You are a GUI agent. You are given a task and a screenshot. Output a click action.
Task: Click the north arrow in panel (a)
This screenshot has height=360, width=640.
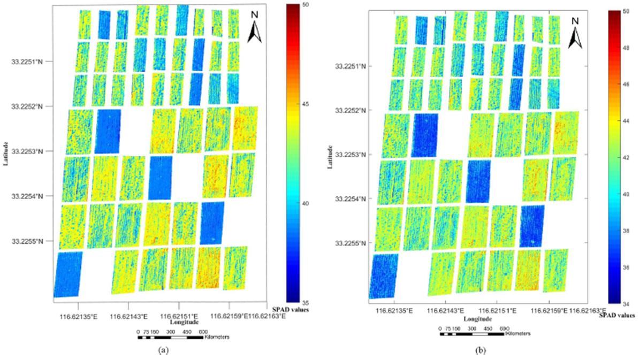255,30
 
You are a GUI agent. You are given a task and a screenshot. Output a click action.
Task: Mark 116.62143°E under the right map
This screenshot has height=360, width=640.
445,311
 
